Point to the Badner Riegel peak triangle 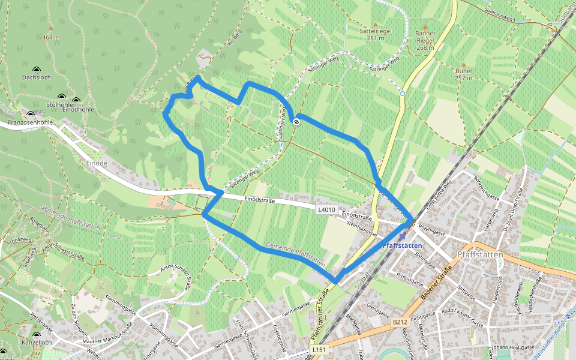coord(425,26)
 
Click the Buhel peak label coord(463,70)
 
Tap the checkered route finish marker coord(296,122)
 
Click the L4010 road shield coord(326,209)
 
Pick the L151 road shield coord(319,349)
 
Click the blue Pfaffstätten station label coord(403,245)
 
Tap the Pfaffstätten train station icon coord(401,237)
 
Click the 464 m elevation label coord(51,37)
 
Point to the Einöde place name coord(96,163)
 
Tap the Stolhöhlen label coord(59,104)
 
